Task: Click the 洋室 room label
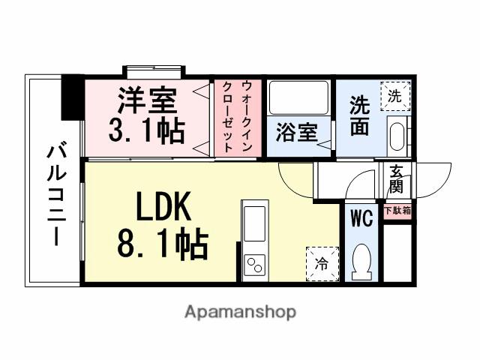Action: [x=147, y=100]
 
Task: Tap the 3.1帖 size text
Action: [x=147, y=130]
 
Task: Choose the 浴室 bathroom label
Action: [x=295, y=133]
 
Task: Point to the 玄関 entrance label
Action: [x=395, y=181]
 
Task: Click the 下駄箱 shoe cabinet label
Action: [x=397, y=211]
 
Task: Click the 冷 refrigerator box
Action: [x=320, y=263]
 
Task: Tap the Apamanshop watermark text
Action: [x=240, y=311]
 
